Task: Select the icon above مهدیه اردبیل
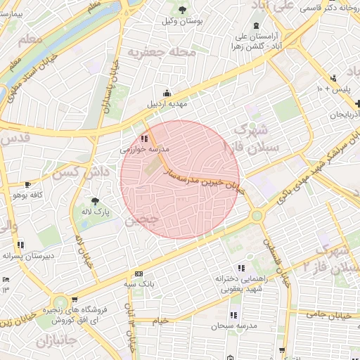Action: click(x=167, y=93)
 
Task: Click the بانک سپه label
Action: click(x=139, y=284)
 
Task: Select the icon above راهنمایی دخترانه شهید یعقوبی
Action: click(x=242, y=268)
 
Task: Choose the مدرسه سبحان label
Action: click(x=233, y=326)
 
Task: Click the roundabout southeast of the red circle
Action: click(x=257, y=216)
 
